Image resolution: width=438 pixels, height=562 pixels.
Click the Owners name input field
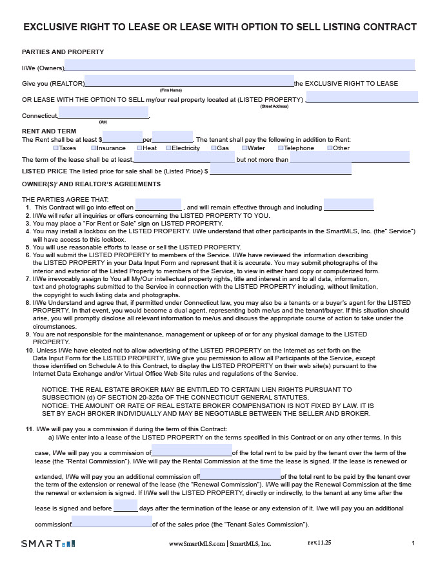[x=239, y=66]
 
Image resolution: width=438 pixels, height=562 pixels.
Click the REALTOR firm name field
[x=189, y=81]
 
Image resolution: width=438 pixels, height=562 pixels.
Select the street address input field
[x=362, y=97]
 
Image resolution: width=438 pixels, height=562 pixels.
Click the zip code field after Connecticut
[x=103, y=113]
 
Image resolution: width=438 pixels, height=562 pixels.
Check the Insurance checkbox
[x=94, y=148]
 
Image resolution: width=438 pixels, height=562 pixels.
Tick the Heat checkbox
[x=139, y=148]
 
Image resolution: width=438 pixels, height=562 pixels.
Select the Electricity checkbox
[x=168, y=148]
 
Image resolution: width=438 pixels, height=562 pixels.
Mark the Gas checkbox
[x=214, y=148]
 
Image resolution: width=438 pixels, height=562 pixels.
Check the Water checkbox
[x=244, y=148]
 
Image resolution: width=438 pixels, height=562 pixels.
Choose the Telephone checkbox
[x=281, y=148]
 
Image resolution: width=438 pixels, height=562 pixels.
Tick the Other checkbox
[x=330, y=148]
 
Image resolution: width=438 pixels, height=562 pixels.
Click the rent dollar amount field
[x=123, y=137]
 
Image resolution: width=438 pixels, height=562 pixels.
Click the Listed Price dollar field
[x=281, y=169]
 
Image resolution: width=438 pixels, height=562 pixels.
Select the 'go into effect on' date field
[x=158, y=205]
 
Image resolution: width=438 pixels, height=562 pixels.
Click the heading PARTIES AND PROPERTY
[x=63, y=52]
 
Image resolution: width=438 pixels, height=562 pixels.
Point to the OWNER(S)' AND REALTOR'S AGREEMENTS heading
[x=92, y=185]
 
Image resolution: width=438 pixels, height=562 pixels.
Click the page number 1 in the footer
[x=413, y=543]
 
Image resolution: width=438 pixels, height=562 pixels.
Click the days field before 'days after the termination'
[x=125, y=506]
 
